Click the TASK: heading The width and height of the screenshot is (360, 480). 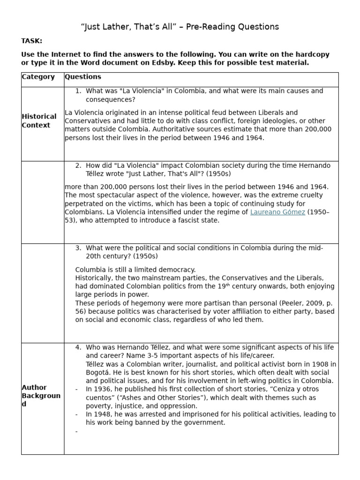coord(31,41)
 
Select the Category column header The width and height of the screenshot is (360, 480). coord(38,77)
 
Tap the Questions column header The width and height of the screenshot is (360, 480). coord(83,77)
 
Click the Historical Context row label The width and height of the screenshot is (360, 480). coord(39,121)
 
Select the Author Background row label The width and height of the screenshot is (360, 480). coord(41,396)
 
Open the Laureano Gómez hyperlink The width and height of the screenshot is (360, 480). coord(277,212)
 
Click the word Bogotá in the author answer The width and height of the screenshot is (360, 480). coord(99,372)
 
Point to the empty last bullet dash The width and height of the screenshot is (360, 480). coord(76,431)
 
